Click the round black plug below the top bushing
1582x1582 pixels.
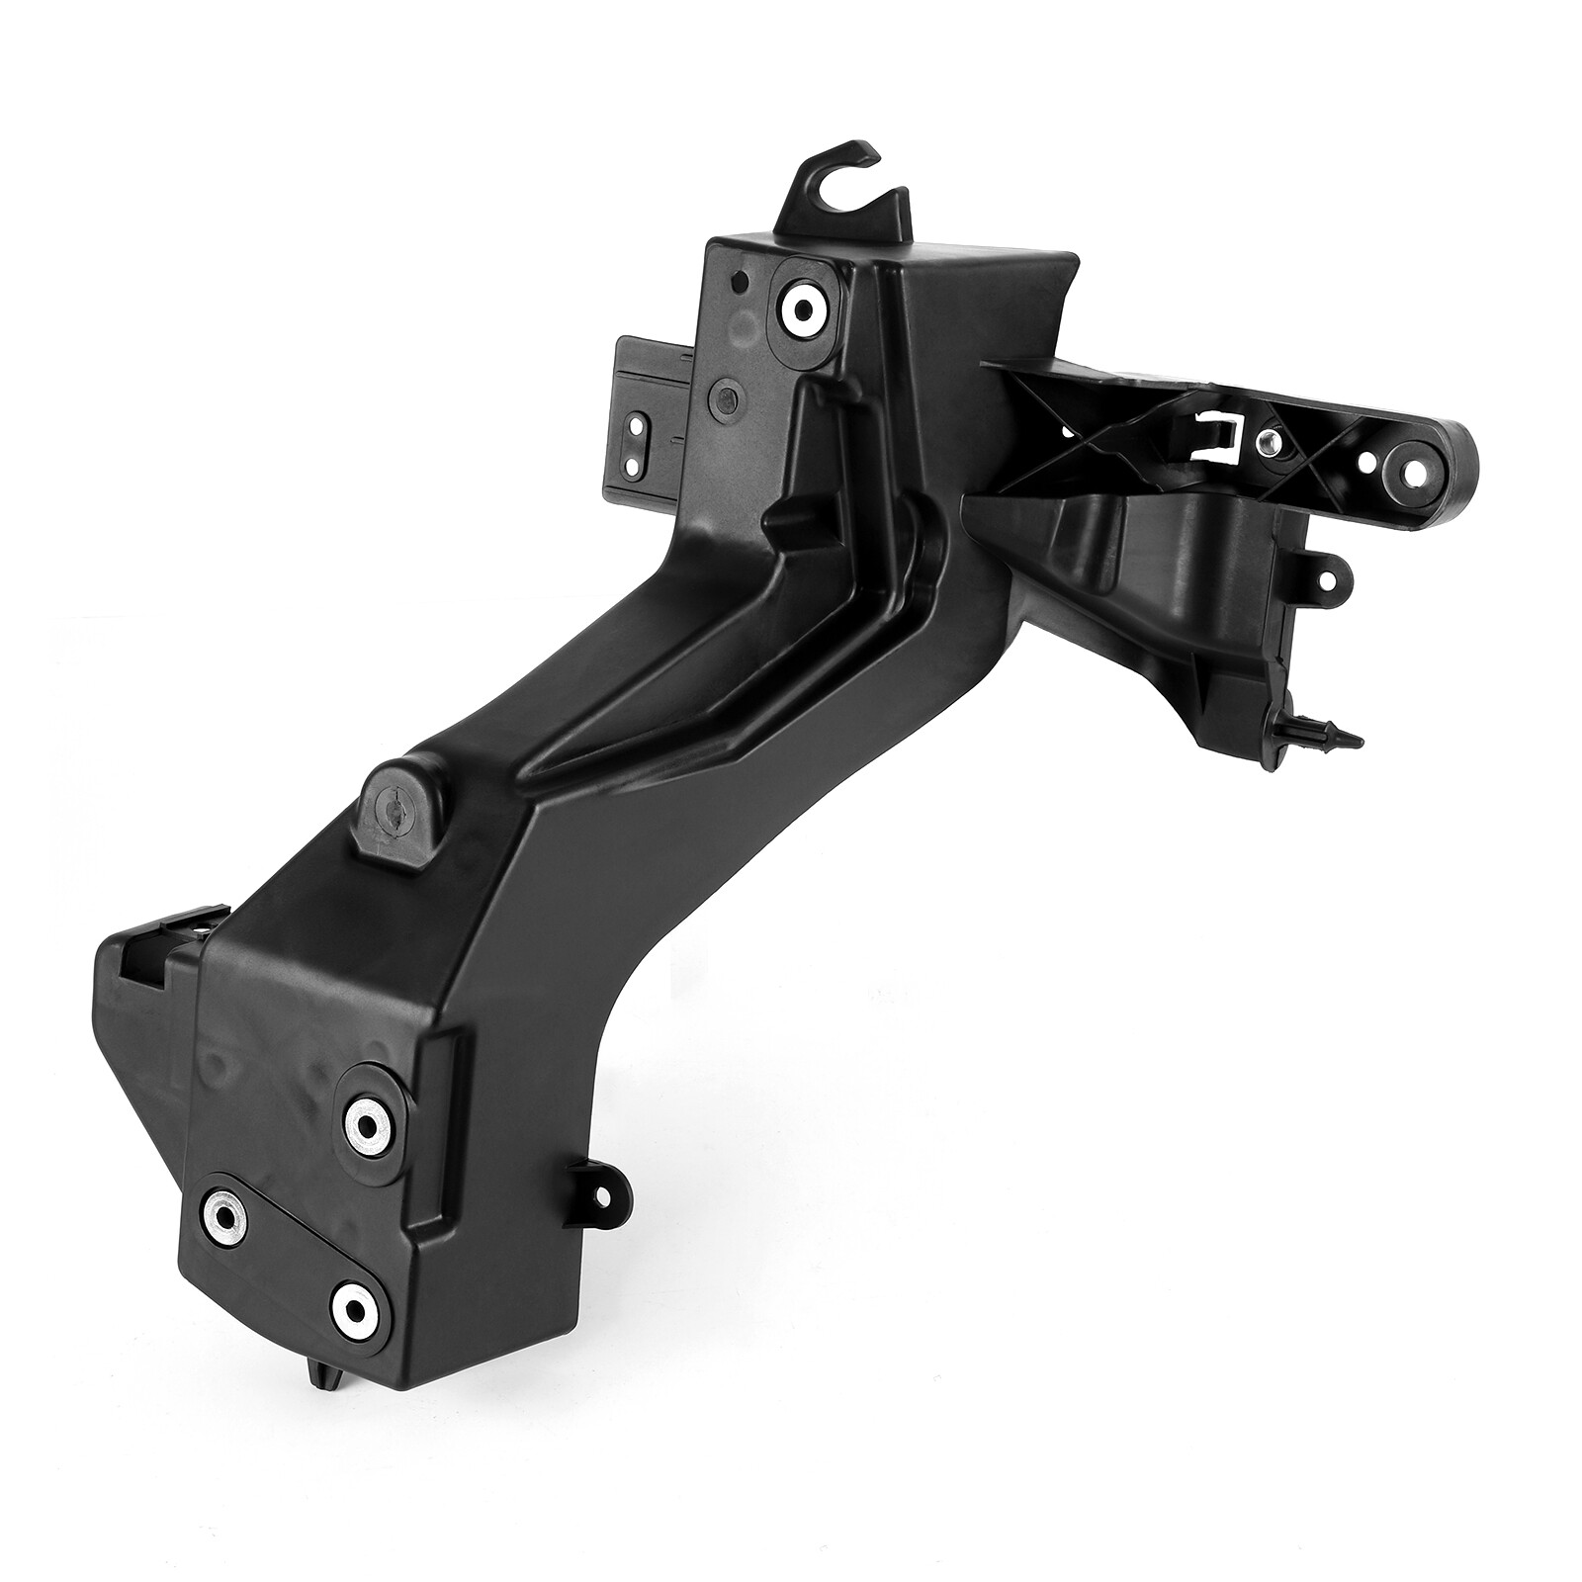[726, 399]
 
